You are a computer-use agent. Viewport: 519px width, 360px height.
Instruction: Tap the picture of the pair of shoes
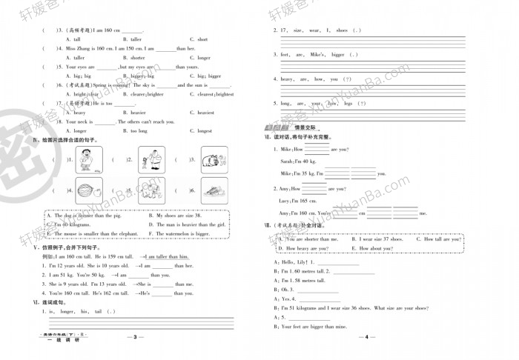click(211, 191)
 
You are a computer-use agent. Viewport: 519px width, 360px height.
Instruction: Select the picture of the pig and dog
click(211, 159)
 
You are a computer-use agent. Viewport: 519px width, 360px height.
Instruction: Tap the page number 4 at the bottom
click(368, 337)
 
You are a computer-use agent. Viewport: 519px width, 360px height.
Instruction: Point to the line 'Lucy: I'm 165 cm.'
click(294, 201)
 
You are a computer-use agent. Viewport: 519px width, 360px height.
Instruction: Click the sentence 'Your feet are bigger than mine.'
click(314, 326)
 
